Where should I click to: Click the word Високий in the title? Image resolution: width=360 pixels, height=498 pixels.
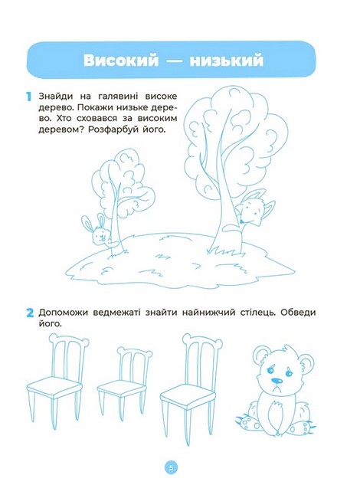tap(120, 60)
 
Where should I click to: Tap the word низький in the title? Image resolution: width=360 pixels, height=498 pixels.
tap(227, 60)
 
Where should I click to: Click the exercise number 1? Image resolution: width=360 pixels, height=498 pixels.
tap(29, 97)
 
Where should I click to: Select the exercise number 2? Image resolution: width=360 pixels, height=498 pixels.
tap(30, 313)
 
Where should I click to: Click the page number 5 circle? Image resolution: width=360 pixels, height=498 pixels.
tap(171, 468)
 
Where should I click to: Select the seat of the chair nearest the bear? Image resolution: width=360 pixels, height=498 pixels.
tap(188, 393)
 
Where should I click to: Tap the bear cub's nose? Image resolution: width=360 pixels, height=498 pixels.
tap(277, 380)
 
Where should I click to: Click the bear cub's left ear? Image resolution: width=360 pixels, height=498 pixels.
tap(262, 353)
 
